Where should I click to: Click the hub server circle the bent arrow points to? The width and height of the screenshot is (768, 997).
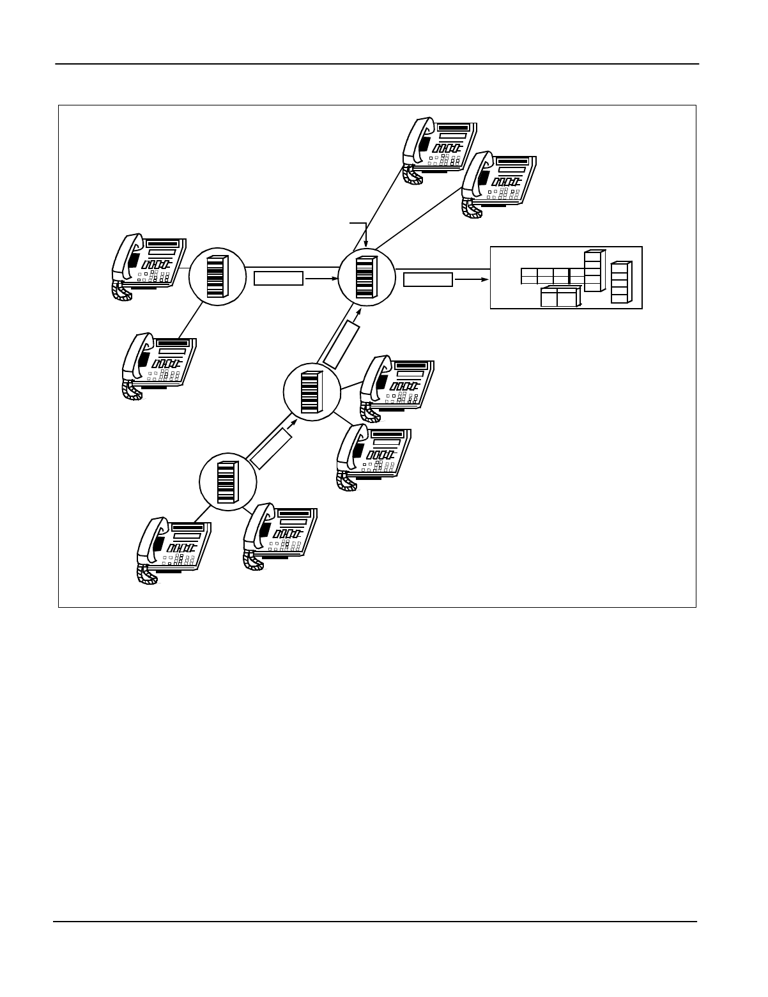pyautogui.click(x=366, y=277)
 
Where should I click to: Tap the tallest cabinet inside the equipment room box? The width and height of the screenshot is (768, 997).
pyautogui.click(x=594, y=271)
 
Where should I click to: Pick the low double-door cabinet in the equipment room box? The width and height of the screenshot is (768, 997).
pyautogui.click(x=559, y=297)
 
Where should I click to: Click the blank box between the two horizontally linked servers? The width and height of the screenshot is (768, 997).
pyautogui.click(x=279, y=279)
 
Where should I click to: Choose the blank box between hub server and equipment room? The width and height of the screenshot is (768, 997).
pyautogui.click(x=428, y=279)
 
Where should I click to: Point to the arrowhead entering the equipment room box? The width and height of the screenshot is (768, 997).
pyautogui.click(x=486, y=279)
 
